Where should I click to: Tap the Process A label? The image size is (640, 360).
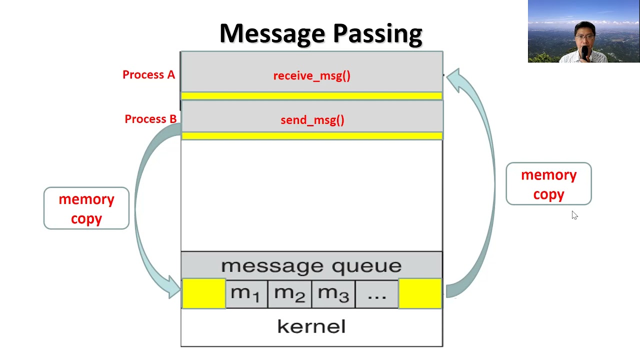(x=148, y=75)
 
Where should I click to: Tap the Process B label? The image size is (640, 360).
(x=150, y=119)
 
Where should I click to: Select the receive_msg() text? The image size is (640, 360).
(x=311, y=76)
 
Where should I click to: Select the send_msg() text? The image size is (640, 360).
(x=312, y=120)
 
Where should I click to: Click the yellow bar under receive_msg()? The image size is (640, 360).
(x=311, y=95)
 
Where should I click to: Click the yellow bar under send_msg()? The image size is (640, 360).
(x=311, y=135)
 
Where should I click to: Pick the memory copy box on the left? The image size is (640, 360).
(x=86, y=208)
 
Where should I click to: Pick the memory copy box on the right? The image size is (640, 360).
(x=548, y=184)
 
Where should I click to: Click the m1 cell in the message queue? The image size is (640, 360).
(x=246, y=293)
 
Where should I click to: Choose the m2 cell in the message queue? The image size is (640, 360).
(x=289, y=293)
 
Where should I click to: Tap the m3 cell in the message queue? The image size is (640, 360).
(x=333, y=293)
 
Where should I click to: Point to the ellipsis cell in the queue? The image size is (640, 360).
(x=376, y=293)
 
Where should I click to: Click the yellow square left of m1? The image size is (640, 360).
(x=203, y=293)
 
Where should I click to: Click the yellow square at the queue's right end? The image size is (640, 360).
(x=420, y=293)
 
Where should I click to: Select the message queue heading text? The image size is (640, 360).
(x=311, y=265)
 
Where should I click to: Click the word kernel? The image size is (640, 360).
(x=311, y=327)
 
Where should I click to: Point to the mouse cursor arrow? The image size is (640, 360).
(x=574, y=214)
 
